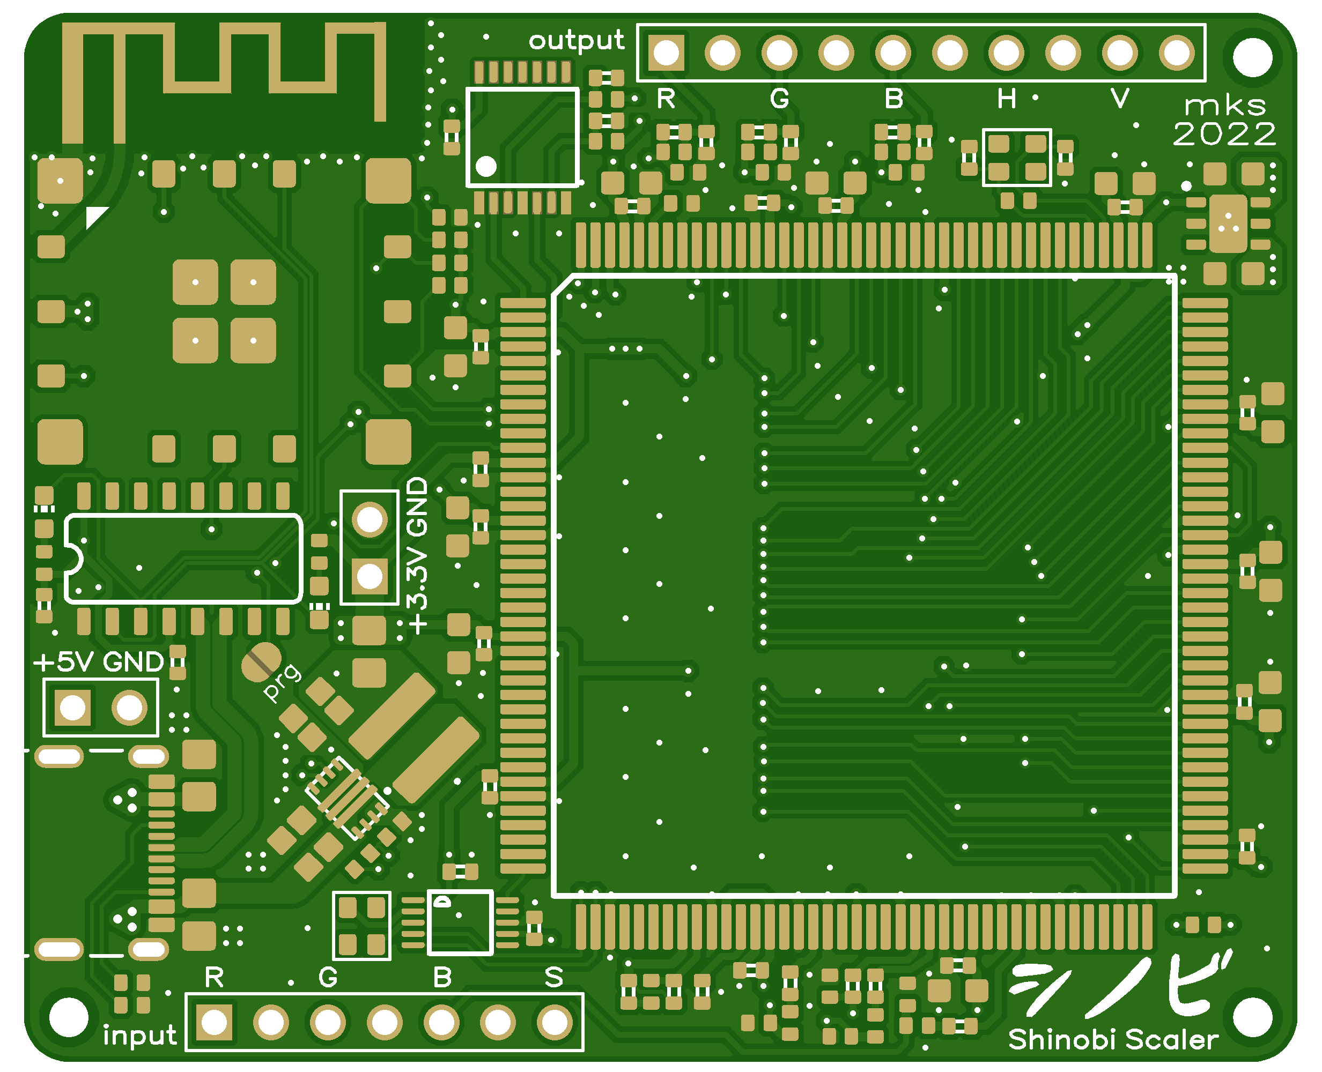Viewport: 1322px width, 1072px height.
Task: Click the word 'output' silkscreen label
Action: (577, 41)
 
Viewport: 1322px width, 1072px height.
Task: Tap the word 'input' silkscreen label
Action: (140, 1034)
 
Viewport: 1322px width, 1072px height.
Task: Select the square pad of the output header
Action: (666, 53)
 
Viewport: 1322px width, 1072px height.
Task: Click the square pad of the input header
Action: (215, 1023)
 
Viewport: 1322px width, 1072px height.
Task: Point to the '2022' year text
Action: (1224, 134)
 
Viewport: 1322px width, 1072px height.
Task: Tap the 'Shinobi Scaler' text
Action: (1113, 1040)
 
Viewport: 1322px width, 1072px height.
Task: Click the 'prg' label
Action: (282, 682)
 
